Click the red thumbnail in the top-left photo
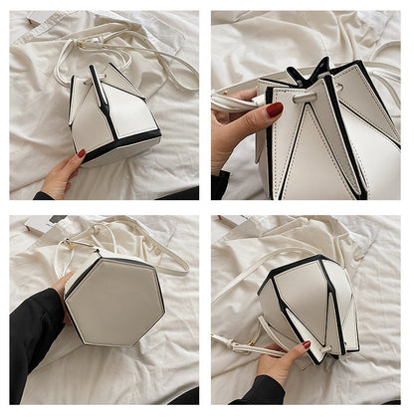81,153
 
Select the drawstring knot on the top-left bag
96,72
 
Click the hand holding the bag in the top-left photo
62,177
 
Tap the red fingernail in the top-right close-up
274,108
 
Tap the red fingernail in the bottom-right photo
306,344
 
